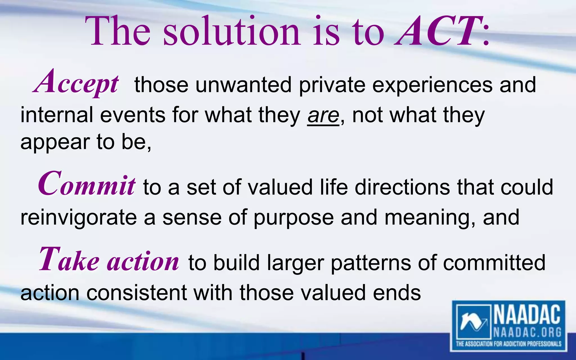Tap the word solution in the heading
[231, 31]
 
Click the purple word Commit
[87, 184]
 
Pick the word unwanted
[243, 85]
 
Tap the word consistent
[136, 293]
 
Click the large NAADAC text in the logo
[527, 315]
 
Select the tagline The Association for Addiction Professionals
[508, 344]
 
